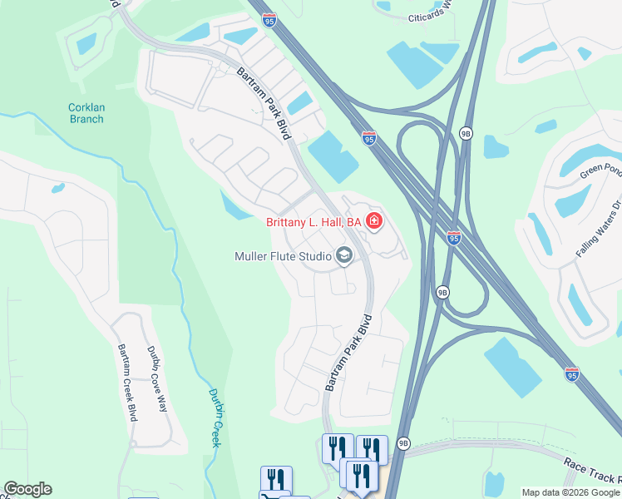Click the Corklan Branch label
click(x=86, y=112)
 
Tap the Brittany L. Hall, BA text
click(x=313, y=222)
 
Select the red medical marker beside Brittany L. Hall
click(x=374, y=221)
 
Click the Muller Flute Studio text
click(x=283, y=256)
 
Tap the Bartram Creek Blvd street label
click(x=126, y=383)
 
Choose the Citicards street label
click(x=430, y=12)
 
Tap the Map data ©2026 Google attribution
click(x=570, y=492)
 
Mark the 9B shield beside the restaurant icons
click(x=403, y=443)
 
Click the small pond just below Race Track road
click(x=495, y=483)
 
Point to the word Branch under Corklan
click(x=86, y=119)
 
